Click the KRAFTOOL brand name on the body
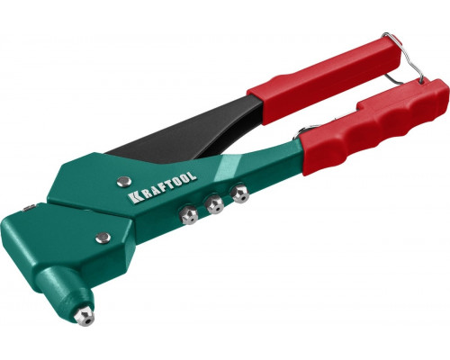click(162, 187)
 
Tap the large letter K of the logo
click(133, 198)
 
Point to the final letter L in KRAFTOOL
click(192, 175)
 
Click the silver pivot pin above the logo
click(123, 182)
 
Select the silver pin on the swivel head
click(103, 238)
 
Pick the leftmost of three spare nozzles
click(188, 215)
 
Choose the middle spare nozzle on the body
click(214, 204)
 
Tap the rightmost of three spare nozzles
click(240, 194)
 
